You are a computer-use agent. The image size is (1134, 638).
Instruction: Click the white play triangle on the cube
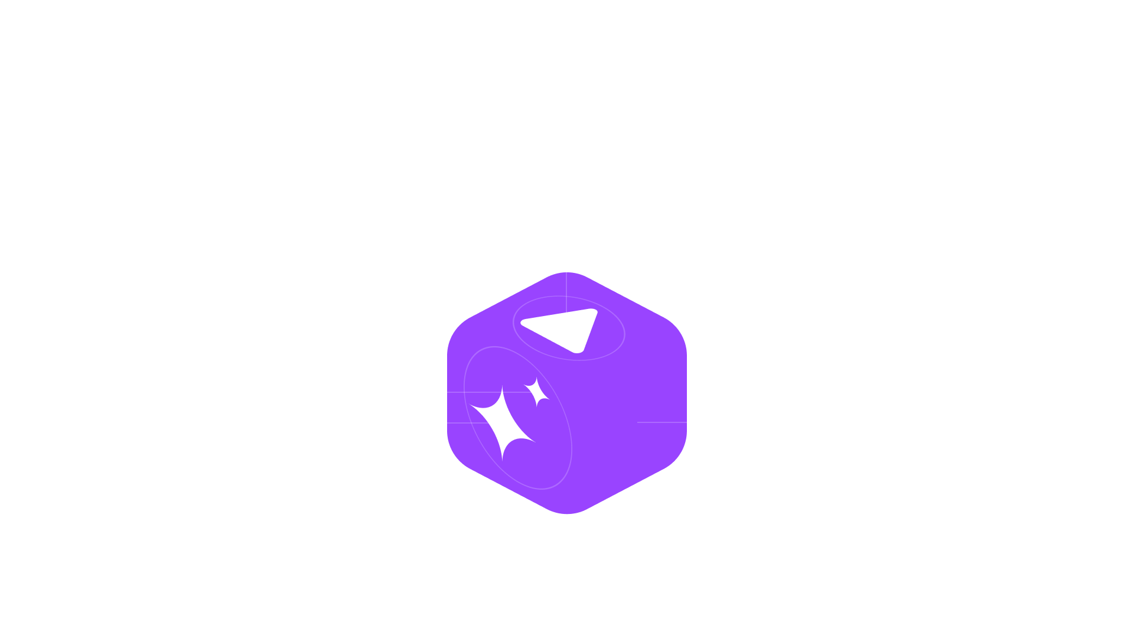coord(564,328)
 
